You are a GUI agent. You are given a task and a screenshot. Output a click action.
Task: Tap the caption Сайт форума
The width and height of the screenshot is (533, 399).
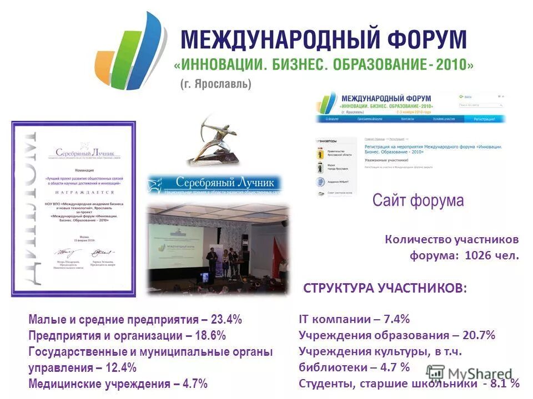tap(418, 200)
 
